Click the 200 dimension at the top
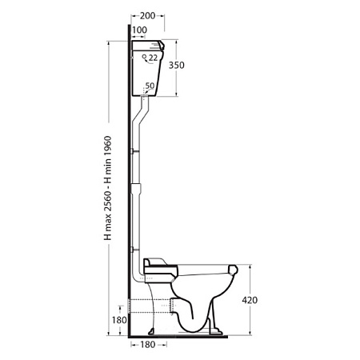[147, 16]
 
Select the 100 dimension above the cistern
[139, 30]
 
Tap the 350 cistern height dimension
[177, 65]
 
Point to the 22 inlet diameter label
[153, 58]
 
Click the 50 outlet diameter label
[150, 86]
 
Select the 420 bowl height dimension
[250, 300]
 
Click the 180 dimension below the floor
[147, 345]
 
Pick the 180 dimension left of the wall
[119, 320]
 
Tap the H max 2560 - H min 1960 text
[108, 188]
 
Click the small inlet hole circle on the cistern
[144, 56]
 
